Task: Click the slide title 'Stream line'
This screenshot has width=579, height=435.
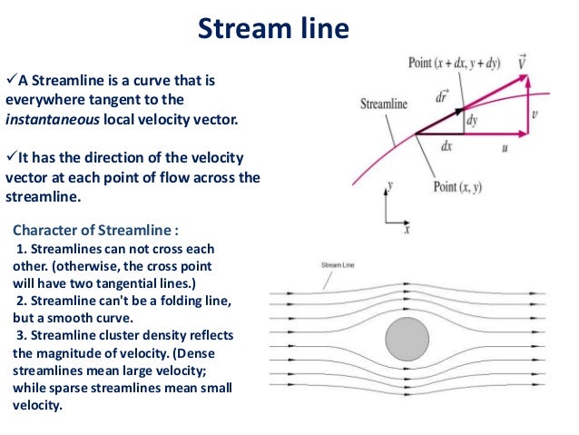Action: (x=273, y=29)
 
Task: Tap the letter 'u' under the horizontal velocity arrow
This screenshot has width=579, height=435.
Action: (x=505, y=149)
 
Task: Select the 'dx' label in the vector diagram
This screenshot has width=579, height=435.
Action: (x=446, y=145)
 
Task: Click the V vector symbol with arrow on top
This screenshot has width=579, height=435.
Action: (x=523, y=62)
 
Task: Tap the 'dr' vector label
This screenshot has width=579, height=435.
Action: (x=442, y=94)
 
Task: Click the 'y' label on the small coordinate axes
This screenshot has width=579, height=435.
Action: (x=389, y=184)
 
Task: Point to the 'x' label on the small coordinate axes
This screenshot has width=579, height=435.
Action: (x=407, y=230)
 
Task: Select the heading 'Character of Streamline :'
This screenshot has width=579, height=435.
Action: (x=89, y=229)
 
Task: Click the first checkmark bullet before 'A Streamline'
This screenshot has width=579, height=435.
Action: (x=11, y=79)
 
